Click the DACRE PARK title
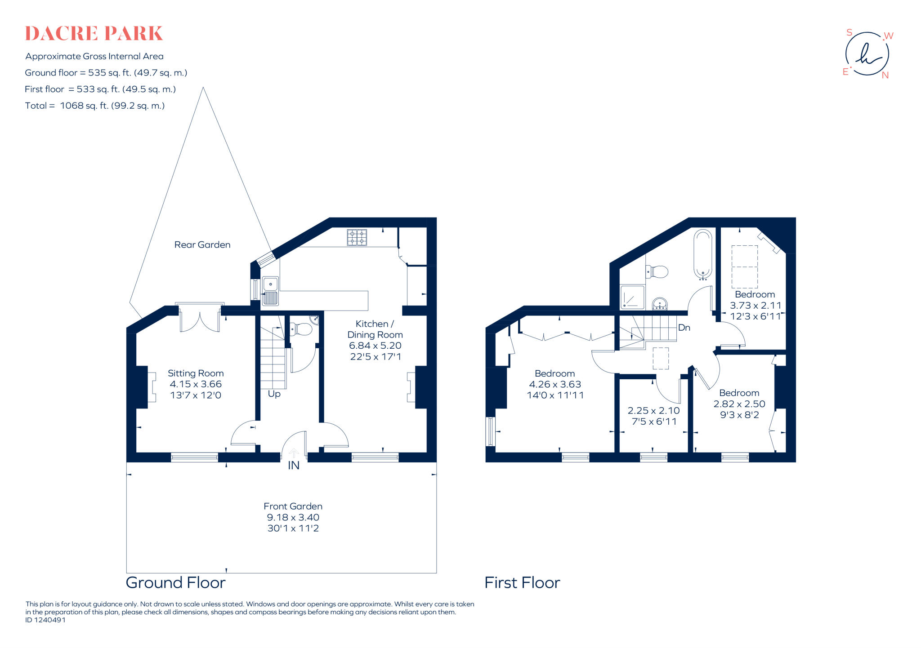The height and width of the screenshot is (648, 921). coord(94,34)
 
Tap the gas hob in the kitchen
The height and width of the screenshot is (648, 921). coord(357,237)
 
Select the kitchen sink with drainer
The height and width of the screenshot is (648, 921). coord(270,291)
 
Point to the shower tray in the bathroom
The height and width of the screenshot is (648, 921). coord(632,297)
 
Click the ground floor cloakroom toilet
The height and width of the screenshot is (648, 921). coord(301,330)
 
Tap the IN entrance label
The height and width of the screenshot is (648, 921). coord(293,466)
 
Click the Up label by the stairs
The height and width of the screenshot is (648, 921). coord(274,394)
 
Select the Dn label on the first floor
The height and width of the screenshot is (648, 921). coord(684,328)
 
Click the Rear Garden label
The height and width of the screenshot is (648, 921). coord(202,245)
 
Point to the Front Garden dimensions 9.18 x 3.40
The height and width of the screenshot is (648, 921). coord(293,517)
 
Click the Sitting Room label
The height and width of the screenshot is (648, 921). coord(196,373)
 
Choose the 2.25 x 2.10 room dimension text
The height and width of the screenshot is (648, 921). coord(653,411)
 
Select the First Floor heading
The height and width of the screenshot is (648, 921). coord(522,583)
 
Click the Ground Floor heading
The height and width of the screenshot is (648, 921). coord(175,583)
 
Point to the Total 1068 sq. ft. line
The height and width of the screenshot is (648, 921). coord(95,106)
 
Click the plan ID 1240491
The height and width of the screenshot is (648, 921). coord(45,620)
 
